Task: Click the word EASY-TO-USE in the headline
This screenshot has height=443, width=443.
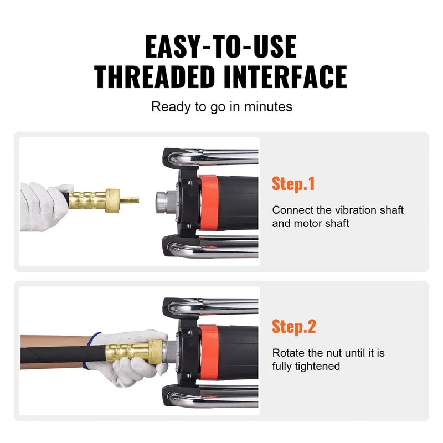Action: pyautogui.click(x=221, y=47)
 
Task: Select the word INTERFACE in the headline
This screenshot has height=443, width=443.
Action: pyautogui.click(x=286, y=77)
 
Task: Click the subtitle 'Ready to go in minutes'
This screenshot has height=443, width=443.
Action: pyautogui.click(x=221, y=106)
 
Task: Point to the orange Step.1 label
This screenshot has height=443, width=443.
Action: pyautogui.click(x=293, y=184)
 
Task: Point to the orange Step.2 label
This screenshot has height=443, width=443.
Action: pyautogui.click(x=293, y=326)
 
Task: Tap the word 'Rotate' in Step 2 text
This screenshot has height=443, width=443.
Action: pyautogui.click(x=289, y=353)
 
